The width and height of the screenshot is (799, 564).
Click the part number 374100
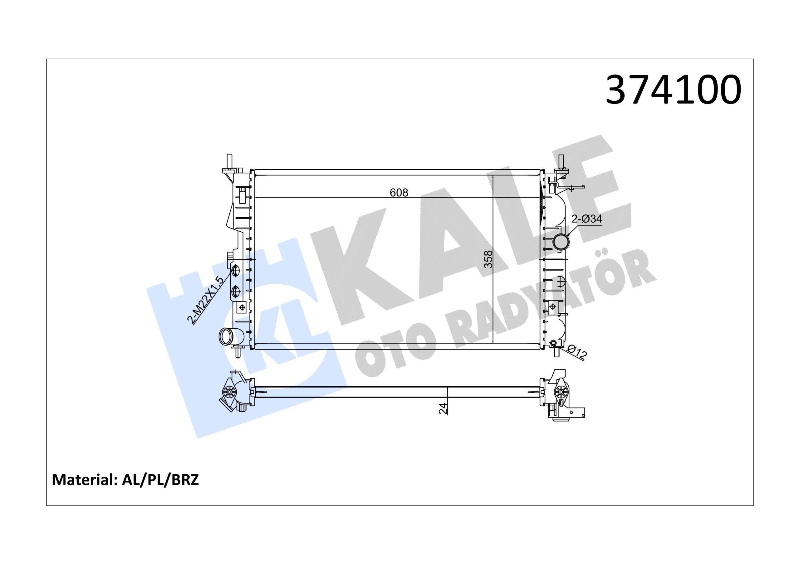pos(673,90)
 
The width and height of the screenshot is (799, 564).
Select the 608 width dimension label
pos(399,192)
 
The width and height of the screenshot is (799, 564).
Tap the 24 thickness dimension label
pos(443,408)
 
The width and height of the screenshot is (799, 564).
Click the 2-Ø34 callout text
pos(587,219)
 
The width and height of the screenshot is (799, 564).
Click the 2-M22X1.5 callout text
pos(205,300)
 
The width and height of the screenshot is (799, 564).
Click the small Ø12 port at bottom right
pos(553,344)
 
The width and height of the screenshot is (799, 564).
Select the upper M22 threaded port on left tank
pos(236,271)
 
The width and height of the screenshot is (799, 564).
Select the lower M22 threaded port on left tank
pos(236,292)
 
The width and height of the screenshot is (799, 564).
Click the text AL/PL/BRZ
pos(160,480)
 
